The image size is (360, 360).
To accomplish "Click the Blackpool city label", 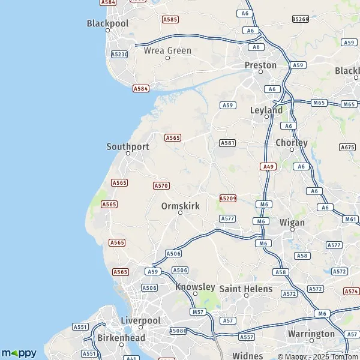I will click(x=108, y=23).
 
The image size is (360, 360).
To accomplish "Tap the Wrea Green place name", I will click(x=167, y=51).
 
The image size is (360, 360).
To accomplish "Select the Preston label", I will click(x=260, y=65).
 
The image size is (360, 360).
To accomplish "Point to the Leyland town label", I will click(x=266, y=110).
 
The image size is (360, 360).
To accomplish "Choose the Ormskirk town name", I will click(x=181, y=206).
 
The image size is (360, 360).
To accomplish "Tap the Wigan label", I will click(x=292, y=222).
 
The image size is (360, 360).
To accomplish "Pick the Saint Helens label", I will click(x=246, y=289).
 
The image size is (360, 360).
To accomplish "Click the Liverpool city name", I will click(x=140, y=320).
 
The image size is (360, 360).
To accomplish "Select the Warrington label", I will click(x=311, y=334).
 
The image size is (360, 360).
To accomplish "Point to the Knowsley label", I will click(x=195, y=287).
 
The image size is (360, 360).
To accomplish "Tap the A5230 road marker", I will click(x=119, y=54).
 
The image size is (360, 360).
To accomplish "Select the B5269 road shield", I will click(x=301, y=19).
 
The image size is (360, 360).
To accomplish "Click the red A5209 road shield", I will click(x=228, y=198).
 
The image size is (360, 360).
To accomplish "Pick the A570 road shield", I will click(x=161, y=186).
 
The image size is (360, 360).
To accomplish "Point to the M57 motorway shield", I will click(x=197, y=313).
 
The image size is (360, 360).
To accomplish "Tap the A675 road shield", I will click(x=347, y=147).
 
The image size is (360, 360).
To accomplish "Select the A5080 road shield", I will click(x=178, y=331).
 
